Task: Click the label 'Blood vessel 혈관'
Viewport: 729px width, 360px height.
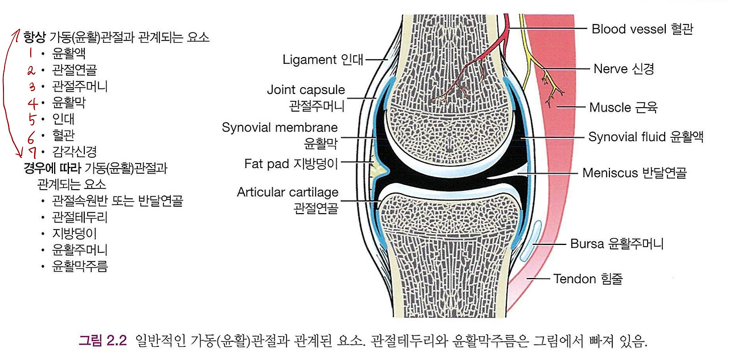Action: click(x=642, y=28)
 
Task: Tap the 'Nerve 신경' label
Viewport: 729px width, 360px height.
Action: click(x=624, y=69)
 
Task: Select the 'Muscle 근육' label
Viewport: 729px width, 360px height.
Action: click(x=626, y=107)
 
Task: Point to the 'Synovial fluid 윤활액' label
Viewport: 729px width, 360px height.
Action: click(x=646, y=137)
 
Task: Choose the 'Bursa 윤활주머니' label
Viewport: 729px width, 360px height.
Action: click(x=617, y=244)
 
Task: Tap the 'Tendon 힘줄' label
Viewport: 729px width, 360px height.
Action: click(x=588, y=279)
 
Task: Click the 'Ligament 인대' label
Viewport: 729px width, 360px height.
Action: click(x=323, y=59)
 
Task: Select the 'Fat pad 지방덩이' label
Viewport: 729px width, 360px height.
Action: click(x=292, y=164)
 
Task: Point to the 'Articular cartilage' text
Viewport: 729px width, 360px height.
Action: click(x=288, y=193)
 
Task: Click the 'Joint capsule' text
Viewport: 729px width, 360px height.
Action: click(x=306, y=90)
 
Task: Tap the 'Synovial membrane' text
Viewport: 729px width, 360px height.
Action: click(x=280, y=128)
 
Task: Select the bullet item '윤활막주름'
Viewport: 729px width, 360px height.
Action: click(x=80, y=265)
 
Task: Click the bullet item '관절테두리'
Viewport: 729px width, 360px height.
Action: click(x=80, y=217)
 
